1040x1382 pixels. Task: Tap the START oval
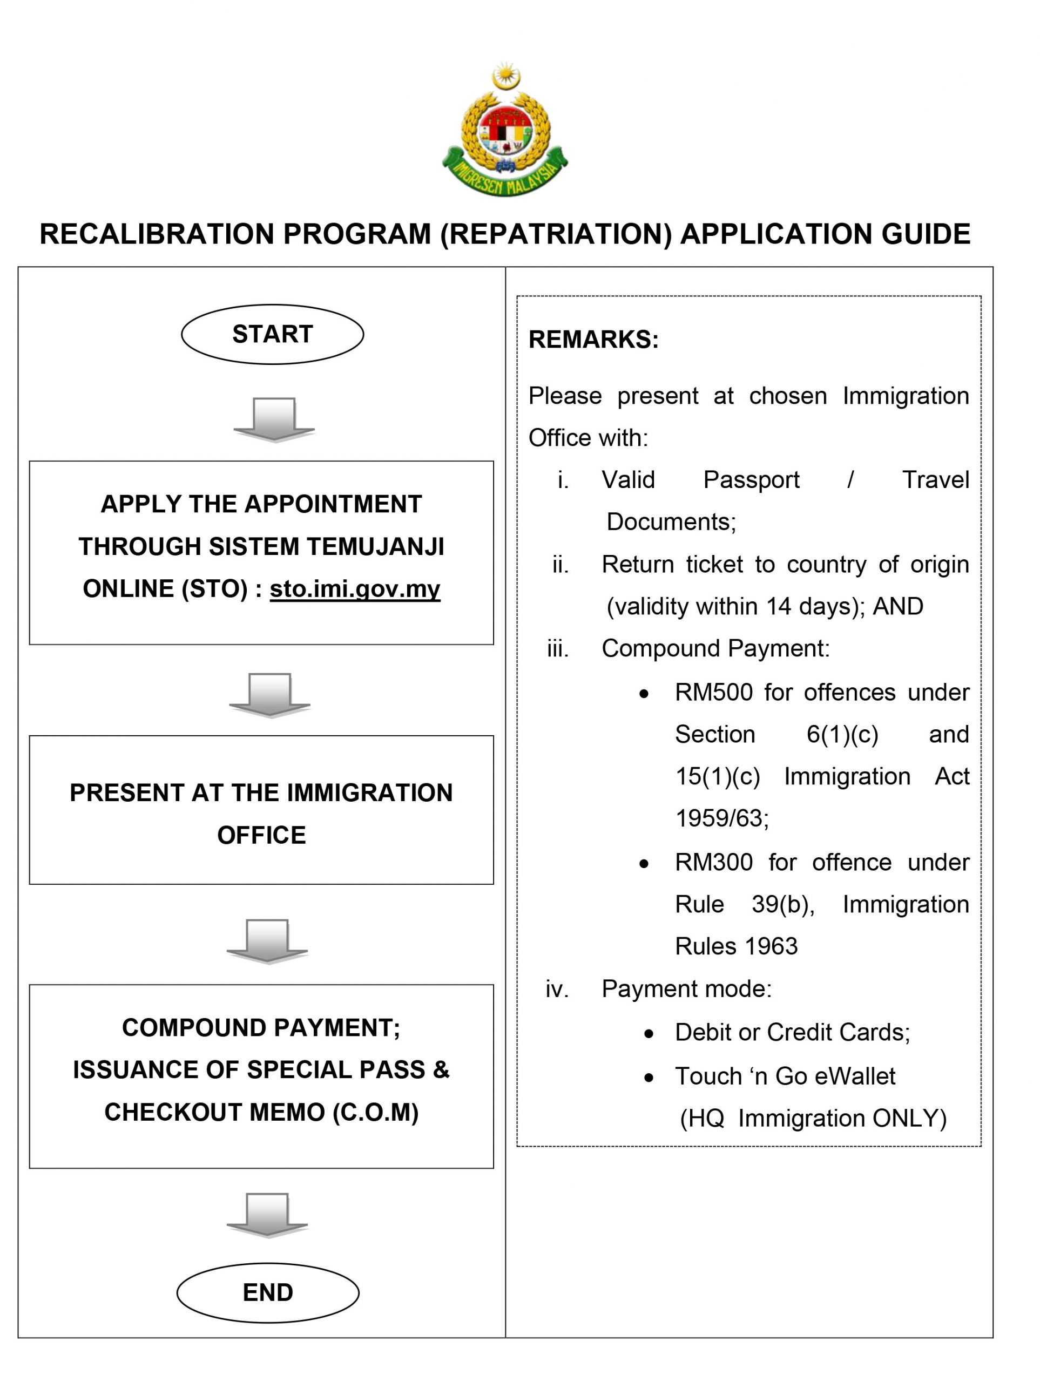[x=273, y=334]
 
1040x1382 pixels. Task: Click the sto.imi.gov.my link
[x=355, y=588]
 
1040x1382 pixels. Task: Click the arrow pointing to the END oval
[x=267, y=1215]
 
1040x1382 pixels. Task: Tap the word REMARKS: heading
[x=593, y=339]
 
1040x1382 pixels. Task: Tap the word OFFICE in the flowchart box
[x=261, y=835]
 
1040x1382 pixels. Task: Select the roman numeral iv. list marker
[x=557, y=989]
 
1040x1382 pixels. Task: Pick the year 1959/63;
[x=722, y=818]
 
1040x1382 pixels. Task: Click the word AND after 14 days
[x=897, y=607]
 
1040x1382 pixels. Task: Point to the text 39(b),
[x=783, y=904]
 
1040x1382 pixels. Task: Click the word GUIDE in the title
[x=926, y=234]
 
